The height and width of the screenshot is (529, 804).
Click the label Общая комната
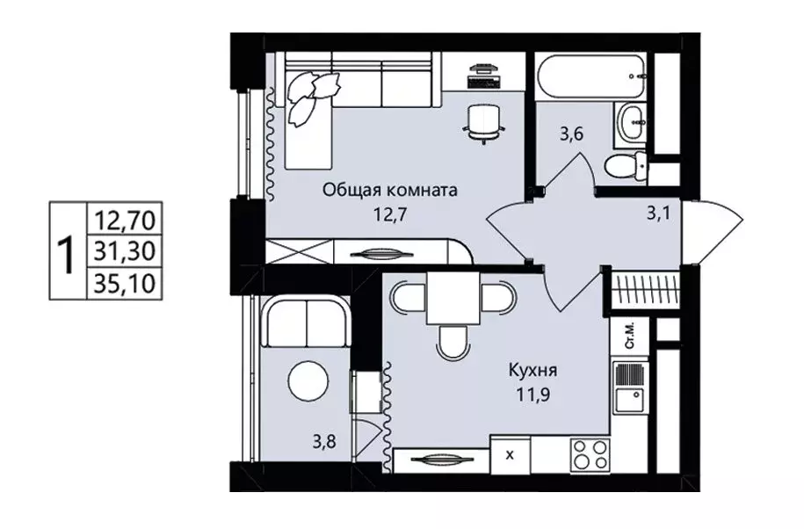389,192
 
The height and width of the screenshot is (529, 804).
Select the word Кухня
532,370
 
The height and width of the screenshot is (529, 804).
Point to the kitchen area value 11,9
533,395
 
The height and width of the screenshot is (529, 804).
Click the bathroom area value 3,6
572,135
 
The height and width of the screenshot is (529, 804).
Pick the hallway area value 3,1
658,214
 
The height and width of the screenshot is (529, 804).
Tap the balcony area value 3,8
324,441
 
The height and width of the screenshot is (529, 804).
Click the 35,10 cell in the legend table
125,283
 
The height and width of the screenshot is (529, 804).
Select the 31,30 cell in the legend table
125,251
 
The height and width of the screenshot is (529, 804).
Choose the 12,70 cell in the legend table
125,220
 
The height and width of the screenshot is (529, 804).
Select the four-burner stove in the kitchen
590,454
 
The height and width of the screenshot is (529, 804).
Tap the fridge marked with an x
511,454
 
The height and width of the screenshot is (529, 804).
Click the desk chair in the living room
483,122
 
